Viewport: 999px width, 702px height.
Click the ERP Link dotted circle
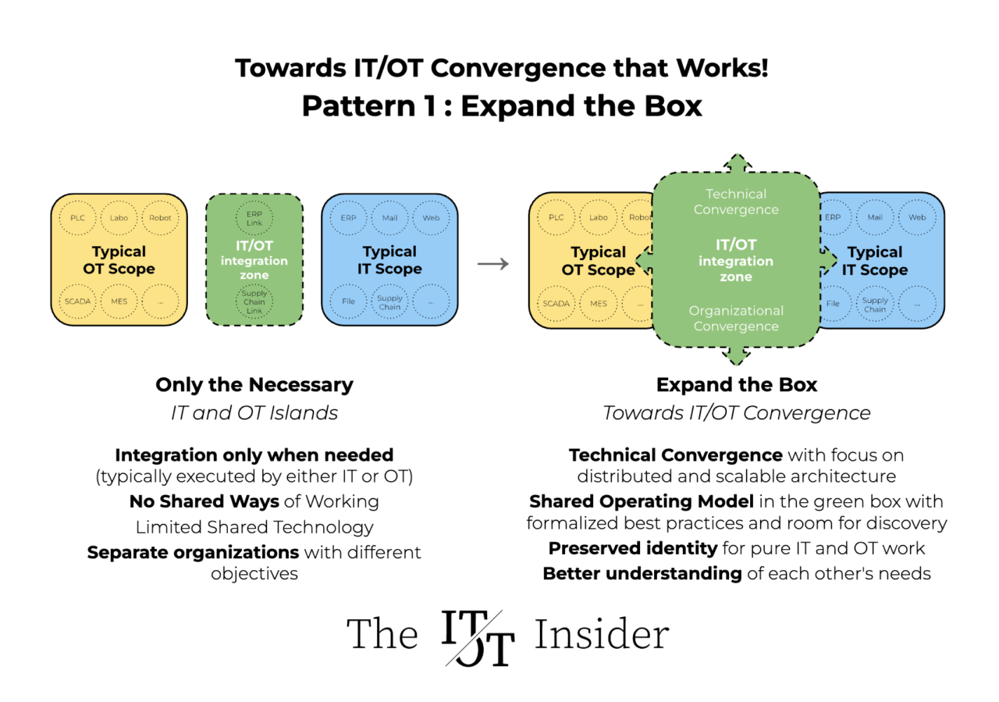click(254, 218)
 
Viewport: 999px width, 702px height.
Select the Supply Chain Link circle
click(254, 302)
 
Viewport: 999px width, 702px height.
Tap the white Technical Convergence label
click(736, 201)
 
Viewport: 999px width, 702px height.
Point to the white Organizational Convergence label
click(736, 319)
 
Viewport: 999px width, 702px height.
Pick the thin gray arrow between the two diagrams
click(493, 264)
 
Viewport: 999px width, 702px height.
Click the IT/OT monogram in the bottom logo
click(478, 636)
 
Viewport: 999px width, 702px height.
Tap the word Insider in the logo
click(601, 634)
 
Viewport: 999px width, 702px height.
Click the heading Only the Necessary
click(254, 385)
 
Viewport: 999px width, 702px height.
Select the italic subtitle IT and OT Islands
click(254, 412)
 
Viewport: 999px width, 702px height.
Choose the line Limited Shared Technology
click(254, 527)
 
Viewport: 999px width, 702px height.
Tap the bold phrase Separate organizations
click(193, 553)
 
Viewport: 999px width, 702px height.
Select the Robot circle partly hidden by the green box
click(639, 218)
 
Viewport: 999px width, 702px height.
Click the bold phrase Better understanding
click(642, 574)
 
